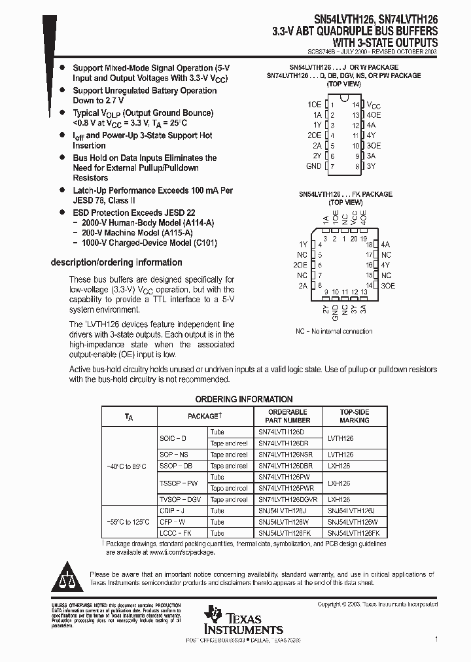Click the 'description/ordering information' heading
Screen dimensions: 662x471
coord(116,262)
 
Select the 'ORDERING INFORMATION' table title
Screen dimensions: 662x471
coord(244,399)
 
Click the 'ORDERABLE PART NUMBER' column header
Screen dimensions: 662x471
coord(288,416)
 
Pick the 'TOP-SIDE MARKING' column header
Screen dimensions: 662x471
coord(355,416)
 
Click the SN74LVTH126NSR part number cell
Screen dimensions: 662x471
coord(285,455)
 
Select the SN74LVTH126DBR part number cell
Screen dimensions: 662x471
coord(285,466)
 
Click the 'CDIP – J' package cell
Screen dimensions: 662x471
coord(173,511)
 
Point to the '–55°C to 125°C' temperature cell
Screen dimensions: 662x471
coord(128,522)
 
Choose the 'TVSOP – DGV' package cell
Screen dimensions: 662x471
coord(181,499)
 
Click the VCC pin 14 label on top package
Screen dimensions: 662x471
coord(373,105)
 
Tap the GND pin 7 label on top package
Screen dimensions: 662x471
coord(314,166)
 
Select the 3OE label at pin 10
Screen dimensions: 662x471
coord(374,146)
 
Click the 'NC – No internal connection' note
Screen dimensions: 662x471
coord(334,332)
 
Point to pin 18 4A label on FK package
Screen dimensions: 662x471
coord(385,244)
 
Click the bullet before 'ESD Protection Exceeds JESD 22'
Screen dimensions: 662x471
coord(62,213)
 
